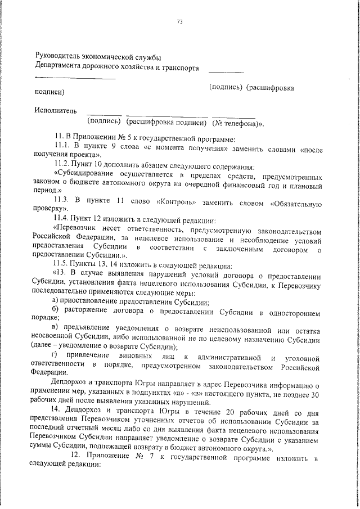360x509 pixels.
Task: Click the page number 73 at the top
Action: pyautogui.click(x=181, y=22)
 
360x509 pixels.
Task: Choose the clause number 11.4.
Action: pyautogui.click(x=61, y=217)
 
